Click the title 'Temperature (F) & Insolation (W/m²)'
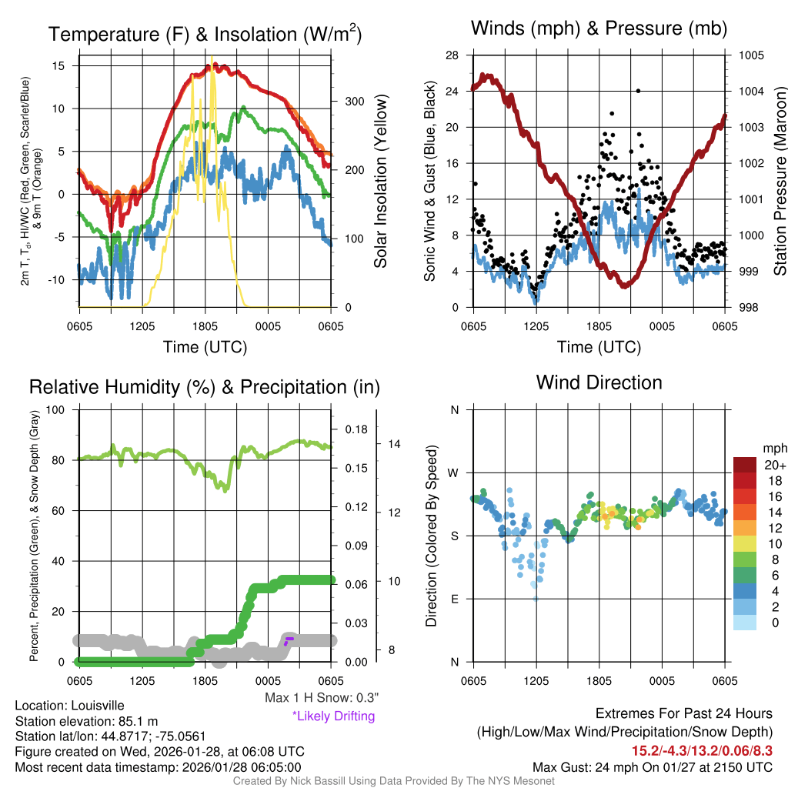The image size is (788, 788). tap(205, 34)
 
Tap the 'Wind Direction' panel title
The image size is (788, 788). tap(599, 382)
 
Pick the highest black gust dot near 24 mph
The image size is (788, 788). tap(639, 91)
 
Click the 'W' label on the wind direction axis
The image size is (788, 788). tap(455, 472)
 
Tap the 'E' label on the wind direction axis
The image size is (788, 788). tap(455, 599)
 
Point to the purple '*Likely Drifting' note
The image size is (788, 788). tap(333, 716)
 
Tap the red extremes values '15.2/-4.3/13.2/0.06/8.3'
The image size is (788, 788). tap(702, 750)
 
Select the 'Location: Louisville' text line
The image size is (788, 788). tap(69, 706)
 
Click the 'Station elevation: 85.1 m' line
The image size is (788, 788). tap(86, 721)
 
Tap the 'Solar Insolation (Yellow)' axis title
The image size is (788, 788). tap(380, 182)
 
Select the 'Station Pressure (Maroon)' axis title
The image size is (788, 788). tap(779, 182)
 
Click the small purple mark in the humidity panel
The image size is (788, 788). tap(289, 639)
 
